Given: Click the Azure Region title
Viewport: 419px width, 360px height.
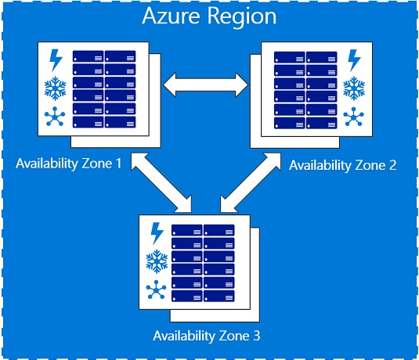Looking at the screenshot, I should point(209,17).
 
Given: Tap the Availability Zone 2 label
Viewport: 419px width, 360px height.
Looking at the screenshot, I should point(342,165).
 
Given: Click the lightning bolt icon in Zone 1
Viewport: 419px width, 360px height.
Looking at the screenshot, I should point(56,60).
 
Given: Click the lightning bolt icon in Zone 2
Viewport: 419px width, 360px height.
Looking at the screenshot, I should point(354,60).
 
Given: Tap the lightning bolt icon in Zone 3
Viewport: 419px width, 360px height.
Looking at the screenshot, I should point(157,233).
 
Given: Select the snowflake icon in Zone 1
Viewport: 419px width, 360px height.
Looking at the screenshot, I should point(56,88).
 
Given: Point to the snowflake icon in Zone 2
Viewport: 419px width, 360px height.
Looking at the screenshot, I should point(354,88).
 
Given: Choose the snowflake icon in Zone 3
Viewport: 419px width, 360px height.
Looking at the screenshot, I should point(157,261).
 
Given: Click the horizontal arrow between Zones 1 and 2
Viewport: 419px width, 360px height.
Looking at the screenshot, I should point(205,81).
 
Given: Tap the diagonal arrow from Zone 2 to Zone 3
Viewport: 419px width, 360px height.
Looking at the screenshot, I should point(251,182).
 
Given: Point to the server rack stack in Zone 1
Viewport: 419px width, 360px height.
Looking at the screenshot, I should point(104,89).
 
